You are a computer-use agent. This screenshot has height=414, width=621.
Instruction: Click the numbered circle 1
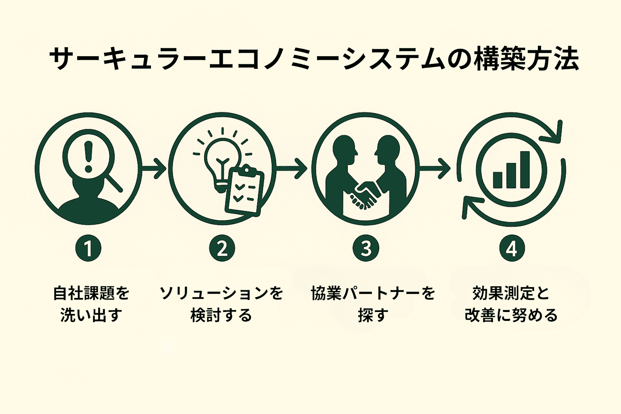[88, 248]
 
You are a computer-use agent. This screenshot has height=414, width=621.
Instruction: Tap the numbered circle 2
[222, 248]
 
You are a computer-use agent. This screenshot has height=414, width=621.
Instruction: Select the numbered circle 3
[366, 248]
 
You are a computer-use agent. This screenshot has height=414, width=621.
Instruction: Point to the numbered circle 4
[512, 248]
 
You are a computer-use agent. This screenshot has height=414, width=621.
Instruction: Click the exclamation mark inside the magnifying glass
[88, 157]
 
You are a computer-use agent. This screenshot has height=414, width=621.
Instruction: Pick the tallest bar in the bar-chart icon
[525, 170]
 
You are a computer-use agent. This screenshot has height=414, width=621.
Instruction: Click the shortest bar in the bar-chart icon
[498, 180]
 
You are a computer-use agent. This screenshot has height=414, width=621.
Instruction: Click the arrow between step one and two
[154, 168]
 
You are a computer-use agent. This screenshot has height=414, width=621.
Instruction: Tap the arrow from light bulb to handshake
[291, 168]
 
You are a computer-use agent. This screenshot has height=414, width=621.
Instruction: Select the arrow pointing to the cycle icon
[435, 168]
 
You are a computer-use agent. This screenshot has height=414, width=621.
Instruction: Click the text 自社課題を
[91, 293]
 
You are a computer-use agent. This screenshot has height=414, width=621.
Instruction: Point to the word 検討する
[221, 315]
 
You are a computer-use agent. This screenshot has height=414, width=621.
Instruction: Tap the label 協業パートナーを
[373, 293]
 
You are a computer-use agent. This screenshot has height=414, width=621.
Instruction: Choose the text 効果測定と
[511, 293]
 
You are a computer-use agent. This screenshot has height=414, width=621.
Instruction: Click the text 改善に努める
[511, 315]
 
